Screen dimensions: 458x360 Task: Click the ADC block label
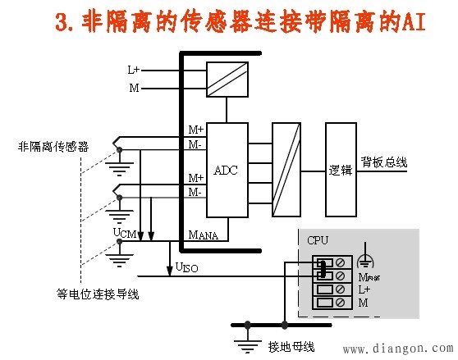pyautogui.click(x=226, y=170)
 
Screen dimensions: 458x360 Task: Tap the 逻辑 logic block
pyautogui.click(x=341, y=170)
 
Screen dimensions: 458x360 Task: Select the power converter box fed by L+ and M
pyautogui.click(x=227, y=80)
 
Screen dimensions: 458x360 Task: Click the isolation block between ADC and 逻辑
pyautogui.click(x=286, y=170)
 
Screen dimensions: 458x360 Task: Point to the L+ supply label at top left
pyautogui.click(x=134, y=70)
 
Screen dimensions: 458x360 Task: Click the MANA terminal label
pyautogui.click(x=204, y=235)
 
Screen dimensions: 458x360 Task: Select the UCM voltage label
pyautogui.click(x=125, y=233)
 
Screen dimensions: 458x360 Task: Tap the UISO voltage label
pyautogui.click(x=186, y=267)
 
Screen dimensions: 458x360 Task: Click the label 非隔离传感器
pyautogui.click(x=53, y=146)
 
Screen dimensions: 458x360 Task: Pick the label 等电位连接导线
pyautogui.click(x=98, y=294)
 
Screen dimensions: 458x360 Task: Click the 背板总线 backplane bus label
pyautogui.click(x=384, y=162)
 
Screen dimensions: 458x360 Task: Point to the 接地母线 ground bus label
pyautogui.click(x=291, y=347)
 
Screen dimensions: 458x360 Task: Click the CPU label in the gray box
pyautogui.click(x=318, y=240)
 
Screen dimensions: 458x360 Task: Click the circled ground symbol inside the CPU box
pyautogui.click(x=365, y=257)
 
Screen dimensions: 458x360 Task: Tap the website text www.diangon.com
pyautogui.click(x=398, y=349)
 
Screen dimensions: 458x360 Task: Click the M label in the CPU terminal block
pyautogui.click(x=363, y=303)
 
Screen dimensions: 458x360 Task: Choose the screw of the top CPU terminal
pyautogui.click(x=340, y=262)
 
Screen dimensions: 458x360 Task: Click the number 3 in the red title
pyautogui.click(x=62, y=22)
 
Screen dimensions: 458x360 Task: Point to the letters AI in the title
pyautogui.click(x=414, y=21)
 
